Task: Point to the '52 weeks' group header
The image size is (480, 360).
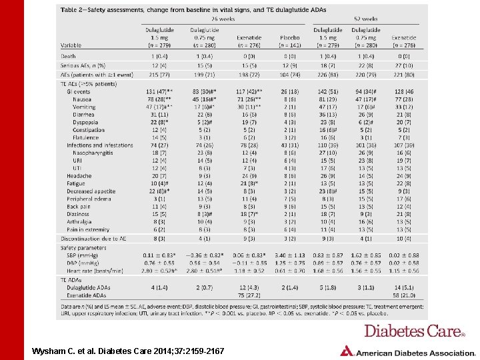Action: click(x=366, y=19)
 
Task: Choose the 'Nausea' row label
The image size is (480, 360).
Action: click(x=82, y=99)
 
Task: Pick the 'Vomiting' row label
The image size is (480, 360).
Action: click(x=84, y=107)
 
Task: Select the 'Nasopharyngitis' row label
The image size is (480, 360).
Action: click(x=93, y=153)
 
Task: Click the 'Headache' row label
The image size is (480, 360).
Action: click(x=78, y=176)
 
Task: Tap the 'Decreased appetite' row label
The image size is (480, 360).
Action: click(x=90, y=191)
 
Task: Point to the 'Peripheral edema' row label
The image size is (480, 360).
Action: click(x=89, y=199)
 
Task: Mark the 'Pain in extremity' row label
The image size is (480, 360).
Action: click(x=89, y=229)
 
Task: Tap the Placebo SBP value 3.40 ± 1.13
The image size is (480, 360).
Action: click(x=289, y=255)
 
